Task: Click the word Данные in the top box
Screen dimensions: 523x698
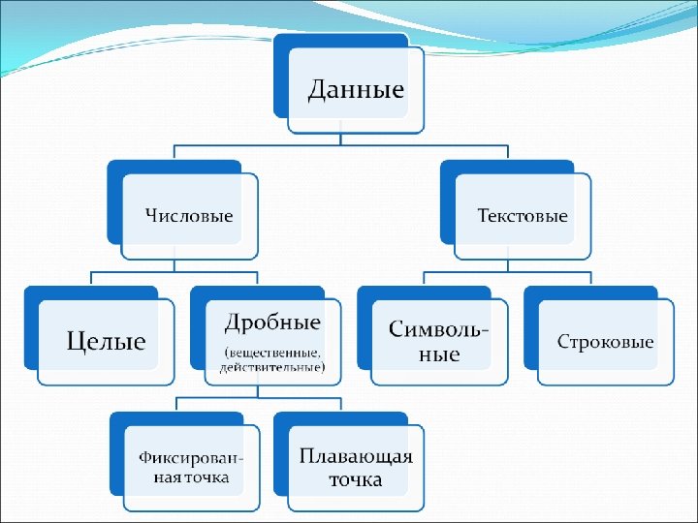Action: click(356, 90)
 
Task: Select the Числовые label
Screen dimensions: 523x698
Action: click(189, 215)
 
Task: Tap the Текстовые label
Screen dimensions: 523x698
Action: click(523, 215)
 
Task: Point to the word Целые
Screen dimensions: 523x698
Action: click(106, 341)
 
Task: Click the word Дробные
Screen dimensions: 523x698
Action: click(272, 322)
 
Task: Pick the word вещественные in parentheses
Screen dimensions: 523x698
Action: click(274, 352)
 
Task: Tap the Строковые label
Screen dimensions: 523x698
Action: click(606, 342)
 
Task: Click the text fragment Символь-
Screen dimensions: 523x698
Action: click(439, 329)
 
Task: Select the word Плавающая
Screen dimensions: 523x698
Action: click(356, 457)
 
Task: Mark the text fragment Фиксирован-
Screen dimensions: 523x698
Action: click(191, 458)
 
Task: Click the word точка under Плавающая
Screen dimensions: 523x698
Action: click(355, 479)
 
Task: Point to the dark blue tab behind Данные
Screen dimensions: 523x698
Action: click(281, 68)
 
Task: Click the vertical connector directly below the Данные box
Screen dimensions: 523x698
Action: click(341, 138)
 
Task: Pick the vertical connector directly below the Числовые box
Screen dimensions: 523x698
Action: click(174, 266)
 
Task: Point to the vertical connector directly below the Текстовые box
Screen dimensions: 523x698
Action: click(508, 266)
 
